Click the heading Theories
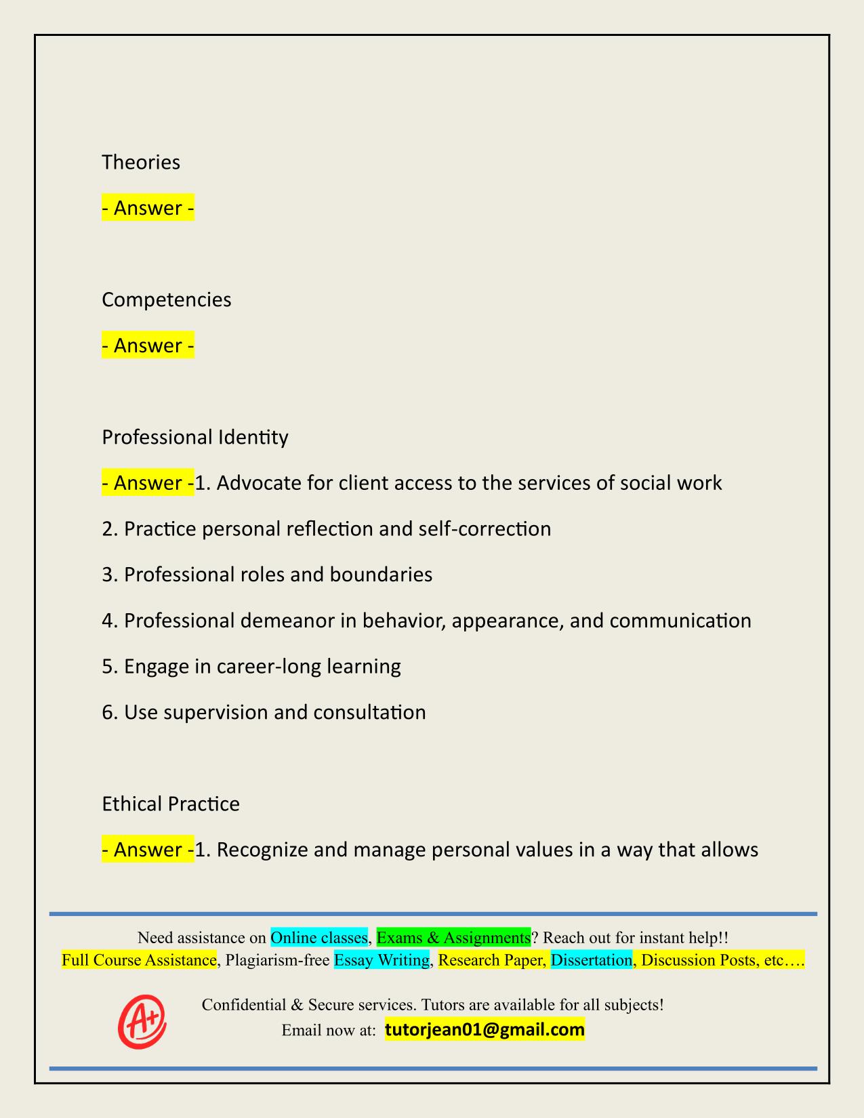[x=141, y=163]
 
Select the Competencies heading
[x=167, y=299]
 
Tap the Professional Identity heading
[x=195, y=437]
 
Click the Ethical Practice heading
[x=171, y=804]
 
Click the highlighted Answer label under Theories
[x=148, y=208]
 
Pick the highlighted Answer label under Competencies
[x=148, y=346]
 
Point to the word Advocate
[x=258, y=483]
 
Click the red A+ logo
[x=142, y=1021]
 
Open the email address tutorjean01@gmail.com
[x=485, y=1031]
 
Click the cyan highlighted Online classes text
[x=319, y=938]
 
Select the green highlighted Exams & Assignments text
[x=453, y=938]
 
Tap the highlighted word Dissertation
[x=592, y=960]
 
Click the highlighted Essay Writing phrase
[x=382, y=960]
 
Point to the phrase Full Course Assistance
[x=139, y=960]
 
